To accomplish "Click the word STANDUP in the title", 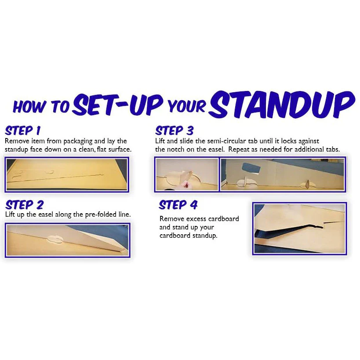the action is [x=282, y=105].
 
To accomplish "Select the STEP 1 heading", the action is [x=23, y=131].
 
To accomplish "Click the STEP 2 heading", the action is [x=24, y=204].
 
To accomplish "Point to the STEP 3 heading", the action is [x=174, y=131].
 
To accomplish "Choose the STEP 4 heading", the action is [x=178, y=204].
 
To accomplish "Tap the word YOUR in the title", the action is [x=186, y=106].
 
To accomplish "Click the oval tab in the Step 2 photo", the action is [x=55, y=239].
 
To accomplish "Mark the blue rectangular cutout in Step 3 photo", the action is [x=251, y=168].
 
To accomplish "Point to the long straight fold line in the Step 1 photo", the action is [x=55, y=178].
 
